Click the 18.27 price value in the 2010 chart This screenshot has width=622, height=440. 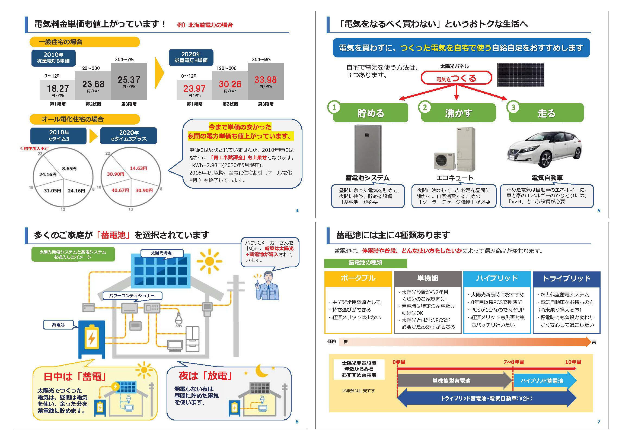58,88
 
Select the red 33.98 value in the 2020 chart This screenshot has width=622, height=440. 265,80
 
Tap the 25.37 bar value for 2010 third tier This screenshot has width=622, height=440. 129,80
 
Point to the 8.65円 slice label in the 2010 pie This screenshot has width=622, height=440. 69,169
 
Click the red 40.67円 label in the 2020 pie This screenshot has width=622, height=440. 120,190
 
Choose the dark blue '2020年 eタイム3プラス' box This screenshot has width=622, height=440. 129,136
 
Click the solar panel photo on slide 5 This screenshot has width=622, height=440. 520,75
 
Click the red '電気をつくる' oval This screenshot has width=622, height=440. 456,78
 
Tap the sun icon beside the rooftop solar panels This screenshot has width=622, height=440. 209,261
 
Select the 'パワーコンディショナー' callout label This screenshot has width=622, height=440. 132,296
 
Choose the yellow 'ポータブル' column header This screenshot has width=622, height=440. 358,278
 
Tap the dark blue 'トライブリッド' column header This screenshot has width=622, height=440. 566,278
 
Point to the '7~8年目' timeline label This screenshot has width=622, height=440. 513,362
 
